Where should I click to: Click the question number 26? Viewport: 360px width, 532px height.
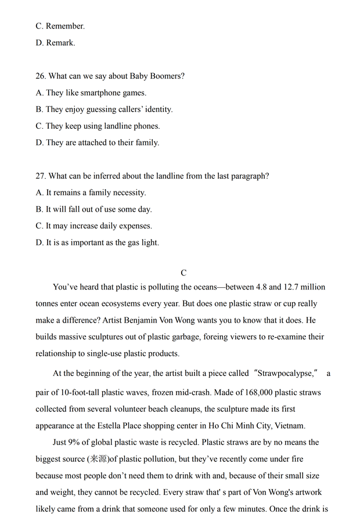pyautogui.click(x=41, y=76)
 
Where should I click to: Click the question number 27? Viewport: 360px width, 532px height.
pyautogui.click(x=41, y=176)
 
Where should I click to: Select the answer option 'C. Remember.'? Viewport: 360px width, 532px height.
pyautogui.click(x=60, y=26)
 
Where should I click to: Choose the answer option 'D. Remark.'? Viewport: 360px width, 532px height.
pyautogui.click(x=55, y=42)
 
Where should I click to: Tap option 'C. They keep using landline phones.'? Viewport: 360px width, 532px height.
pyautogui.click(x=98, y=126)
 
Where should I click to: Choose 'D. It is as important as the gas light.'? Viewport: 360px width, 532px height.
pyautogui.click(x=97, y=243)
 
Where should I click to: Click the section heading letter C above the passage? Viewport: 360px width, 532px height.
pyautogui.click(x=183, y=272)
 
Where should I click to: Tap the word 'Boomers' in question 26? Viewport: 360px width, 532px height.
pyautogui.click(x=165, y=76)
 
